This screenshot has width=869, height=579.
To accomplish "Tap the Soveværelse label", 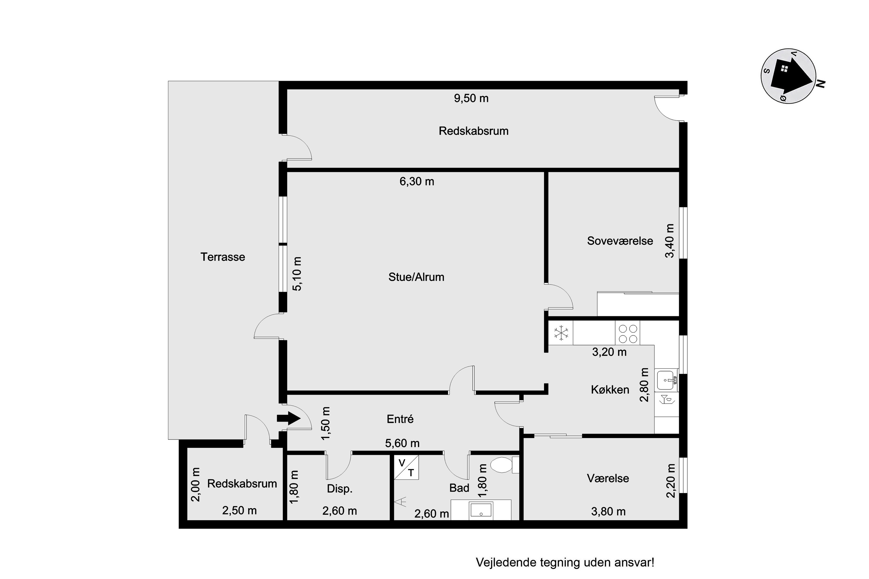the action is (x=620, y=241).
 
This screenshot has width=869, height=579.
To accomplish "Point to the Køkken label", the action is (x=610, y=390).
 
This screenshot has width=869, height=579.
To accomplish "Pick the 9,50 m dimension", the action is (x=471, y=98).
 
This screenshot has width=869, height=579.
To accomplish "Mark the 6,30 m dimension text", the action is (x=417, y=181).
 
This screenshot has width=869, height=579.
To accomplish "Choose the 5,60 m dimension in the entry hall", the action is (x=402, y=443).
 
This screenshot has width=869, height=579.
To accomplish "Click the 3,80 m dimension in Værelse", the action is (x=608, y=512).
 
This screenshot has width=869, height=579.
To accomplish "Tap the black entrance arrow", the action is (x=288, y=418).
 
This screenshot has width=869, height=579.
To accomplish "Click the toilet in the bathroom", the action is (x=504, y=465).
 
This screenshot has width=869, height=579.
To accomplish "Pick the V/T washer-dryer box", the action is (x=406, y=467).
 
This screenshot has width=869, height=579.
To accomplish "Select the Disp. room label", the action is (x=339, y=489).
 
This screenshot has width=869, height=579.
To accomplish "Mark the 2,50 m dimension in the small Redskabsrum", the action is (x=240, y=510).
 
